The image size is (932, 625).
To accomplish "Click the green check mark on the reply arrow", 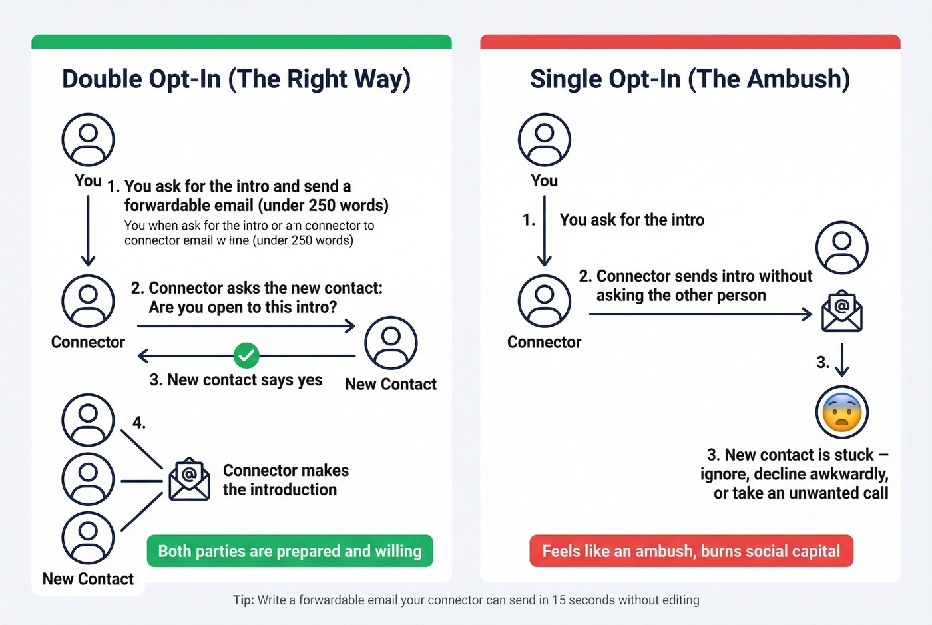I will [x=246, y=355].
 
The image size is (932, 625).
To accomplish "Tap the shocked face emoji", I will [x=842, y=412].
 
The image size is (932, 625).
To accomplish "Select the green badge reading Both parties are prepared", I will [x=290, y=551].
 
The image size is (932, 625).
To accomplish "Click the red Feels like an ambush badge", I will [x=691, y=551].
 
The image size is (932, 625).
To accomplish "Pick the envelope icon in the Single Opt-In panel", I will [x=842, y=311].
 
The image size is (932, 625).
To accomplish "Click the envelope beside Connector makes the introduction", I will [x=189, y=479].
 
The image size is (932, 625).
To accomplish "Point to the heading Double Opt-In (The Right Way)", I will [x=236, y=79].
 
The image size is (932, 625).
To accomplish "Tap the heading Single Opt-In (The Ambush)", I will [x=690, y=79].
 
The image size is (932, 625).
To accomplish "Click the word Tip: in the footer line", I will [x=243, y=600].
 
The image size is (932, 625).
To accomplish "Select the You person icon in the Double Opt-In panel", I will [x=88, y=140].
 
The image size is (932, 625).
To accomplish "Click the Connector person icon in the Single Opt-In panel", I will [x=544, y=301].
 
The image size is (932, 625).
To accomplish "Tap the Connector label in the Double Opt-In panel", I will [x=88, y=342].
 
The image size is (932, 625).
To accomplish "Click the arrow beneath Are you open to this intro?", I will [x=246, y=326].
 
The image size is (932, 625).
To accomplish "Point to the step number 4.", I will [x=138, y=423].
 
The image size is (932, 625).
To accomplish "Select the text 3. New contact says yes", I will [x=236, y=380].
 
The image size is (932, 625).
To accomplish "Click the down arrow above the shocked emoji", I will [x=842, y=360].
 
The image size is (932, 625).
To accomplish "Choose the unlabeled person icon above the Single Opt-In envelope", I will [x=842, y=248].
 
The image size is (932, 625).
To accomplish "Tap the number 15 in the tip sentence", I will [x=559, y=600].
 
